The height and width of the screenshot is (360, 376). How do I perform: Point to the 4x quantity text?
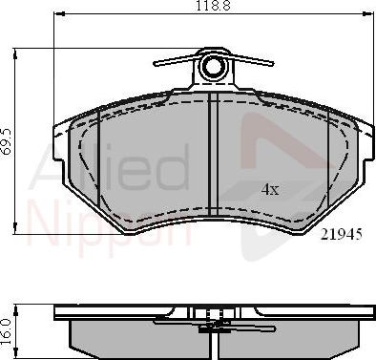tap(271, 189)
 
